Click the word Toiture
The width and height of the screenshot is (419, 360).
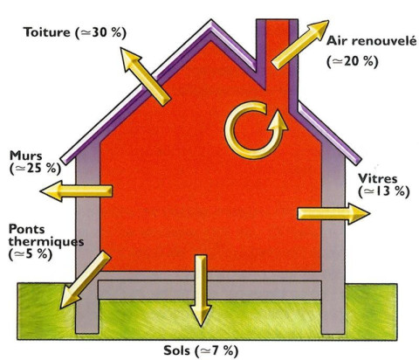(x=47, y=32)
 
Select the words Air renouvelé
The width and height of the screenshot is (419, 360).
(x=371, y=41)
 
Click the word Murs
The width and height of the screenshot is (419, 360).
(x=25, y=156)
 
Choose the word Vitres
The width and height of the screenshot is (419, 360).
(x=377, y=178)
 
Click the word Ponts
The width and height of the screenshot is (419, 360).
(x=26, y=229)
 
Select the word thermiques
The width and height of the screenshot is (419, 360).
(x=46, y=242)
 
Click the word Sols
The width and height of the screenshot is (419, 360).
(x=176, y=350)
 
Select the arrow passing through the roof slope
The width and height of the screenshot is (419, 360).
(x=145, y=77)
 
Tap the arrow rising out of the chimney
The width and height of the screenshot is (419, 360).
(x=299, y=45)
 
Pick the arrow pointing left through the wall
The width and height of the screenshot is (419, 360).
(x=76, y=190)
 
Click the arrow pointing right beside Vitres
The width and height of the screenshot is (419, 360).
(x=333, y=214)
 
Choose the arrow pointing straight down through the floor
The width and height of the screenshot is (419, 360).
(x=201, y=291)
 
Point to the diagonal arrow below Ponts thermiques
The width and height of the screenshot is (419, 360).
(x=86, y=280)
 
